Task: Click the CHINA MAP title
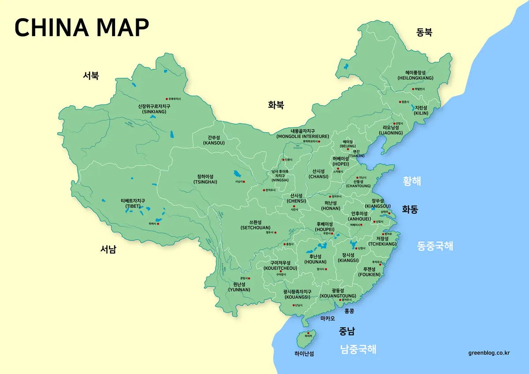pos(82,27)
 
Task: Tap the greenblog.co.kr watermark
pos(489,353)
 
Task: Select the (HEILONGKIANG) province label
pos(415,78)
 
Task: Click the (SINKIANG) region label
pos(154,112)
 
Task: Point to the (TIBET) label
pos(133,206)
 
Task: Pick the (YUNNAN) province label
pos(239,290)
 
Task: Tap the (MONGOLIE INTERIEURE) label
pos(302,137)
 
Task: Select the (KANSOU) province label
pos(214,143)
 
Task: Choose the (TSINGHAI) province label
pos(205,182)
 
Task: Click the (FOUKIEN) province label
pos(369,274)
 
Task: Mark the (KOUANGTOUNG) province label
pos(338,296)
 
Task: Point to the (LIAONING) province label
pos(391,133)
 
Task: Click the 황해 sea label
pos(412,181)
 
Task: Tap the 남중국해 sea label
pos(358,350)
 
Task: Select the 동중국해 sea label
pos(435,246)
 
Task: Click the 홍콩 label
pos(349,311)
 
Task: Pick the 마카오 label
pos(328,318)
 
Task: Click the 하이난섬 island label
pos(304,354)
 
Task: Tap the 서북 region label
pos(91,75)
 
